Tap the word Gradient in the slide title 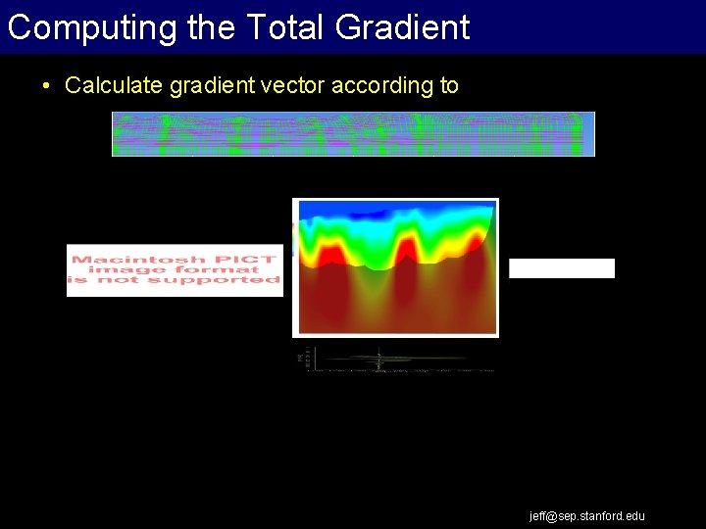pos(403,27)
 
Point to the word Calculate pos(114,86)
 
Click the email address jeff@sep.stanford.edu pos(587,516)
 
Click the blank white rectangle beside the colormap pos(562,268)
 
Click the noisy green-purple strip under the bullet pos(353,134)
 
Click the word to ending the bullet pos(449,86)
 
